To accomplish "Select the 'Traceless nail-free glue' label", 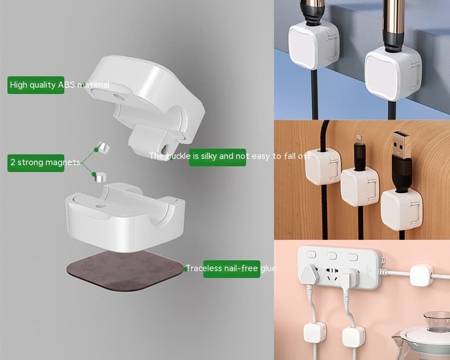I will click(223, 268).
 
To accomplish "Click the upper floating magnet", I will click(103, 148).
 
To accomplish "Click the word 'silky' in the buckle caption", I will click(210, 156).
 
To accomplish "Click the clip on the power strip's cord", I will click(422, 275).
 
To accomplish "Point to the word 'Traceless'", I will click(203, 268).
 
